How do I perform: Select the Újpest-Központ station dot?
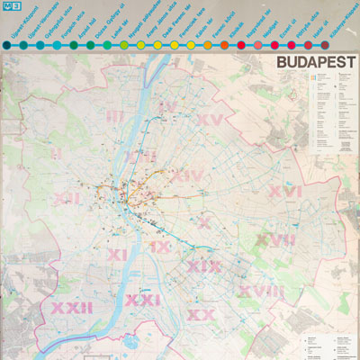[7, 43]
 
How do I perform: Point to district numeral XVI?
[284, 192]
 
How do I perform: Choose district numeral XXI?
[142, 299]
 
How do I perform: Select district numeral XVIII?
[260, 292]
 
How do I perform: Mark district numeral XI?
[117, 256]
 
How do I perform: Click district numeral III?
[114, 115]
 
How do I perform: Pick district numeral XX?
[200, 315]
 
